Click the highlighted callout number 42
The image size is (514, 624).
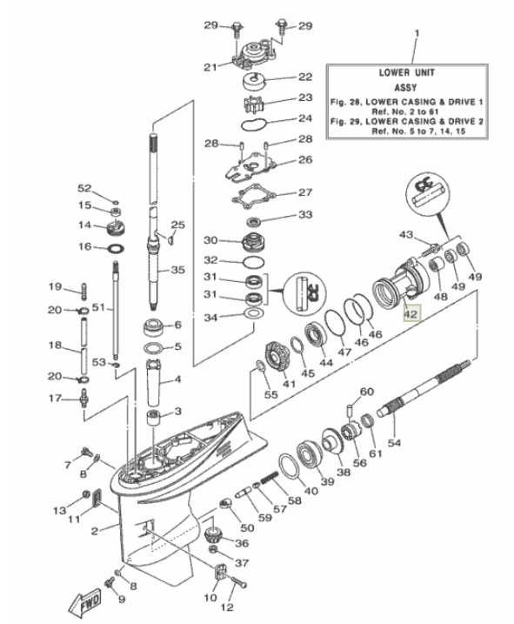pos(411,317)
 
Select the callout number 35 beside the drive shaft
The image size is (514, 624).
pos(177,271)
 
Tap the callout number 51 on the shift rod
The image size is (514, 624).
pos(98,307)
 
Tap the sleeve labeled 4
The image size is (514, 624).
pos(153,381)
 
